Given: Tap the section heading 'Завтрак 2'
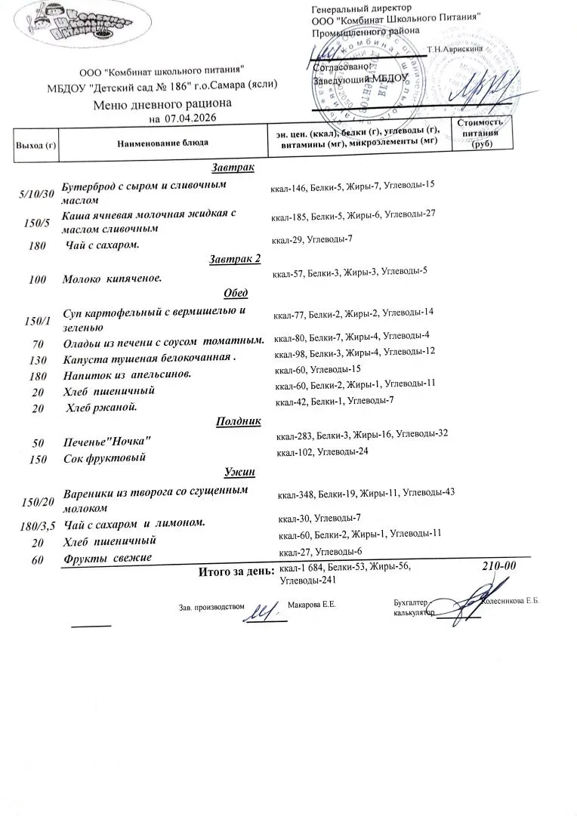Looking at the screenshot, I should [x=234, y=259].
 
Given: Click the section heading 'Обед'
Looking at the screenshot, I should [x=236, y=293].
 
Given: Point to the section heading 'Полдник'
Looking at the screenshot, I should [x=238, y=421].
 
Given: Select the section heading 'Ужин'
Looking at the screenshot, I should [x=239, y=473].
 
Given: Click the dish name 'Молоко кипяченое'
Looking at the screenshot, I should [x=113, y=279].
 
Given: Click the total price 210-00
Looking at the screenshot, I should [x=498, y=565].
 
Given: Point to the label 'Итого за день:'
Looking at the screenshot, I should [x=236, y=571].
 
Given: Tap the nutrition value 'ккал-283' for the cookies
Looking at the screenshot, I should [x=295, y=436].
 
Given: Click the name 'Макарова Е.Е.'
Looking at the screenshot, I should [x=312, y=605].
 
